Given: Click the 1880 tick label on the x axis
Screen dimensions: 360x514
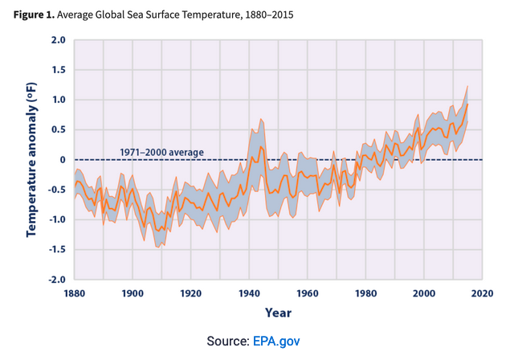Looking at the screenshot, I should [x=75, y=293].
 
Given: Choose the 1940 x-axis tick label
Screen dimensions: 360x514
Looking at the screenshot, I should [x=250, y=293].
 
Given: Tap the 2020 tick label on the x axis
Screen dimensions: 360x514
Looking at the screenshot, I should [x=482, y=293].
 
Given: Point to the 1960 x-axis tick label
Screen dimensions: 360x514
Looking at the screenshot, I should [x=308, y=293].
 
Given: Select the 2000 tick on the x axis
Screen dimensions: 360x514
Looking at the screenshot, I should [x=424, y=293].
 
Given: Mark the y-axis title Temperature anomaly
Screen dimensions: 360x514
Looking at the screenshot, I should [x=33, y=159].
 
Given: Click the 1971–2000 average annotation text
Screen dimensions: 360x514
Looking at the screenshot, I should [x=161, y=152].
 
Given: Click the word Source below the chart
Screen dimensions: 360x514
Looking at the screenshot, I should [x=228, y=342].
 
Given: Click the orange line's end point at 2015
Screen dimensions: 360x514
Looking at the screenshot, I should [x=467, y=104].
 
